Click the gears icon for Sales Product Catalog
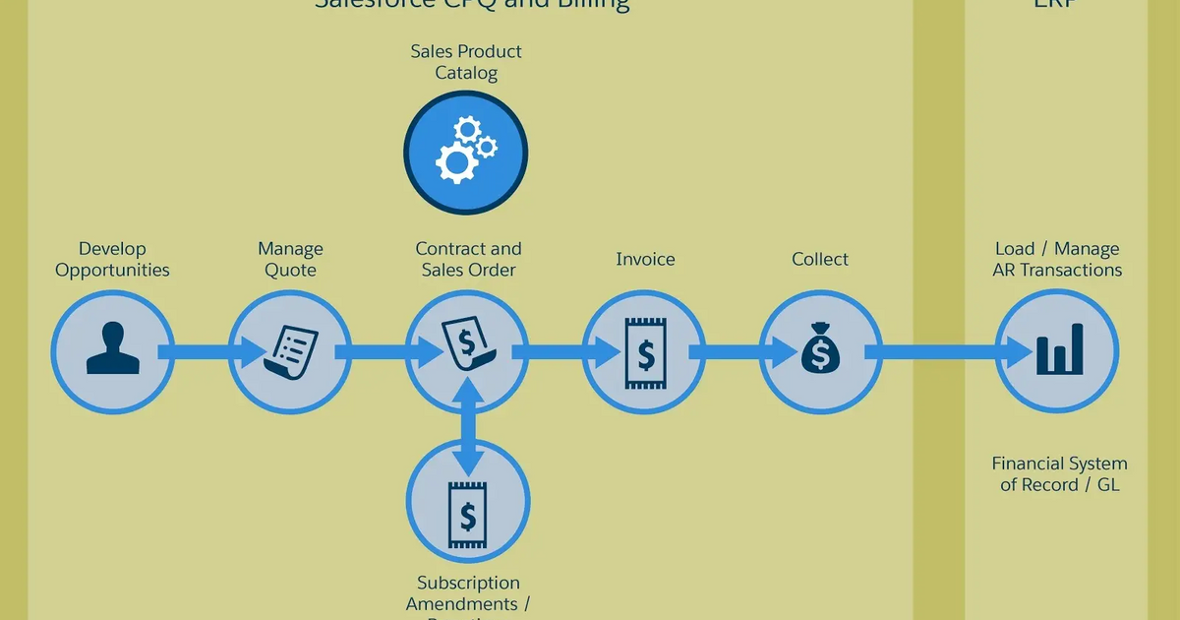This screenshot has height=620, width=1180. coord(466,152)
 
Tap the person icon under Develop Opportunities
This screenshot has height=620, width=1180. coord(112,351)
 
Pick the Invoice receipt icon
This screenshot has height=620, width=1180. coord(645,351)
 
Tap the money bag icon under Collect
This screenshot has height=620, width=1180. coord(820,351)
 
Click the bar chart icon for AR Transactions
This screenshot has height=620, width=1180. coord(1057,351)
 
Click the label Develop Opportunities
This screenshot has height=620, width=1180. coord(112,260)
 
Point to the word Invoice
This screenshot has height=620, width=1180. coord(645,260)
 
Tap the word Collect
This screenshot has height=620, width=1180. coord(820,260)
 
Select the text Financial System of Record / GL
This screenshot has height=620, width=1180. coord(1059,474)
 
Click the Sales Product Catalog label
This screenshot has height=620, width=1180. coord(466,62)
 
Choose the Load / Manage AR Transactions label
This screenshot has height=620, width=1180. coord(1057,260)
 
